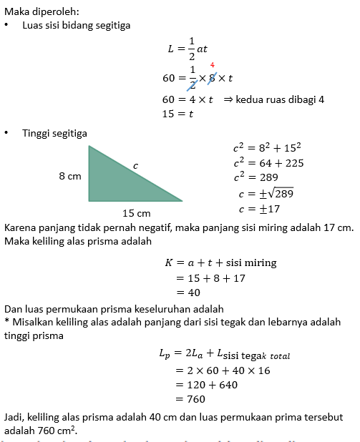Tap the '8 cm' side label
(x=70, y=175)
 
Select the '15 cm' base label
(x=135, y=213)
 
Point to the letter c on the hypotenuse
(x=136, y=165)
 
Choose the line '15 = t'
(x=178, y=113)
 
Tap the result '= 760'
(x=190, y=399)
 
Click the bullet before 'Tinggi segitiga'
(x=6, y=133)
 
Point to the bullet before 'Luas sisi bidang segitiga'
(x=6, y=25)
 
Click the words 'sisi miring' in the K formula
(x=251, y=262)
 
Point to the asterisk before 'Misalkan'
(x=6, y=323)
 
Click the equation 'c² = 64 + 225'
(x=268, y=162)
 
